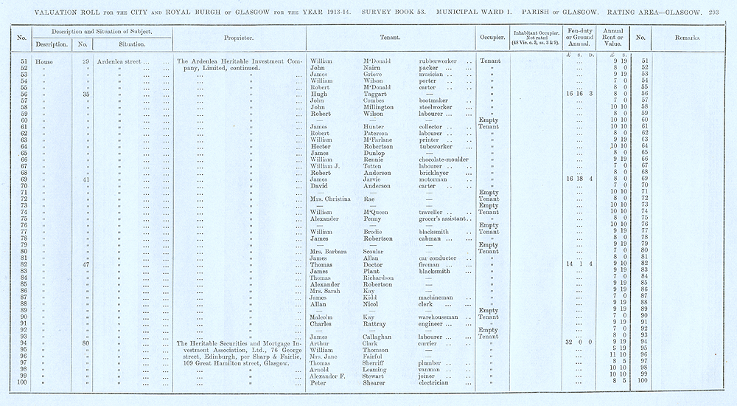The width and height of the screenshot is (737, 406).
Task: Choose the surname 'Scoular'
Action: click(x=377, y=251)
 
